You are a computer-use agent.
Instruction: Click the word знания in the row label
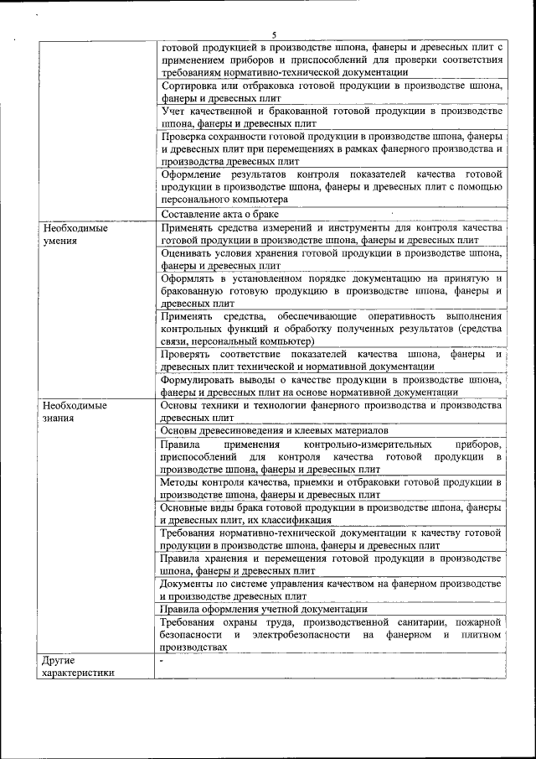point(59,417)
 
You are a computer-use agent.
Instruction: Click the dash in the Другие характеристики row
point(162,660)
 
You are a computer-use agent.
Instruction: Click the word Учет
point(173,111)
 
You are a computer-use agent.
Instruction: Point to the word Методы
point(181,482)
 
